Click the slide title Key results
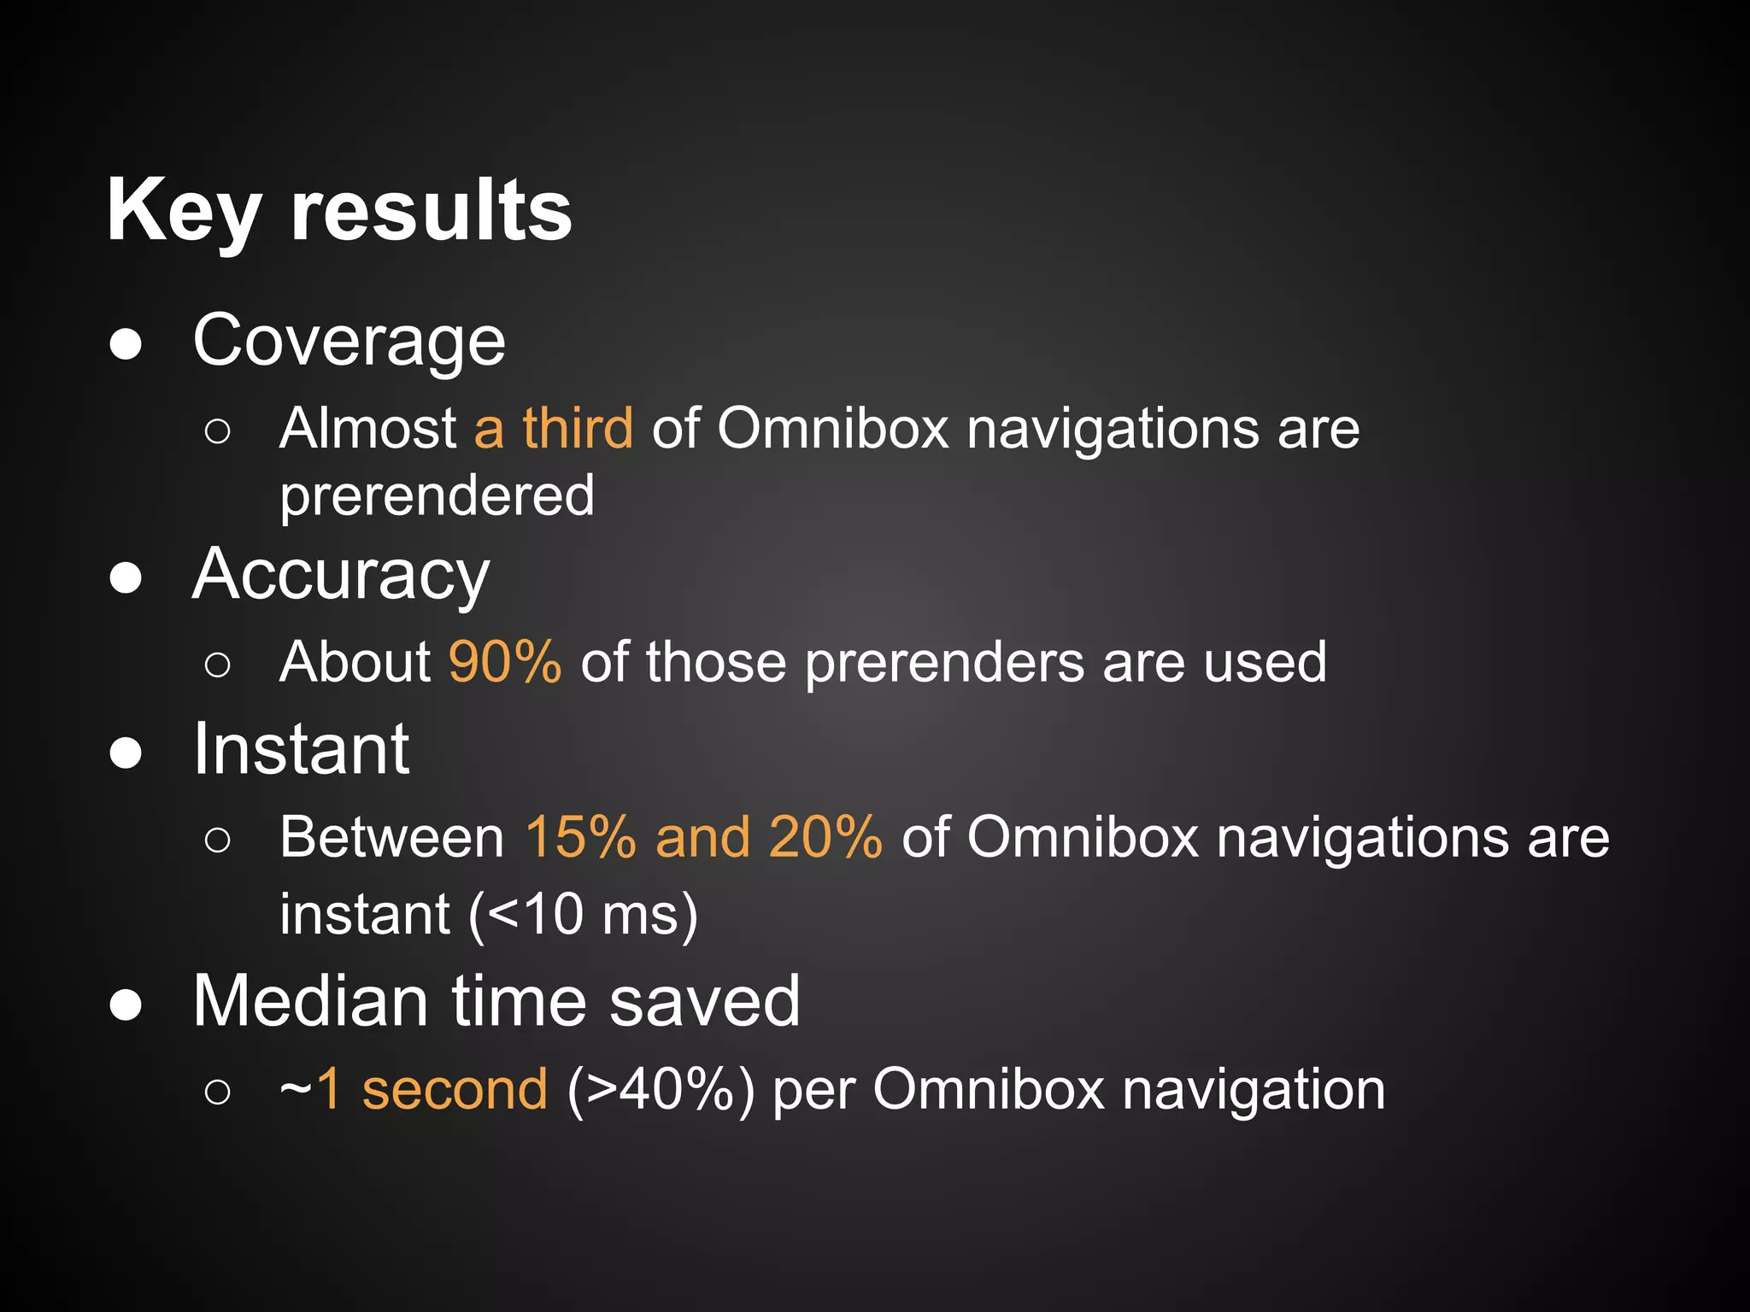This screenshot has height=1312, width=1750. (339, 211)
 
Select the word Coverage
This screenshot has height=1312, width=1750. (349, 341)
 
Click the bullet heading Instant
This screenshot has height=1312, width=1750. (301, 749)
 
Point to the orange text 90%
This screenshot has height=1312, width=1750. (505, 662)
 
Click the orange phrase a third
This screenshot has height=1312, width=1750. (553, 428)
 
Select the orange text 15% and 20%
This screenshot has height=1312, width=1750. (703, 837)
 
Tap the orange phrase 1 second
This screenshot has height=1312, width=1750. (432, 1090)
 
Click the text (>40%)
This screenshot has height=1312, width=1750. (661, 1091)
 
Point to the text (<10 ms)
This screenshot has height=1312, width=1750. (583, 915)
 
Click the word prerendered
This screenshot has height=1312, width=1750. (437, 496)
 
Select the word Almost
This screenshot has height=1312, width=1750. (367, 428)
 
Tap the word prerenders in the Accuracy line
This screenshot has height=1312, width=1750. (944, 664)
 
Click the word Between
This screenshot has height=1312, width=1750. (392, 837)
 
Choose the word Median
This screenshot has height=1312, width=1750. (310, 1001)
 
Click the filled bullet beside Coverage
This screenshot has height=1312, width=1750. (126, 346)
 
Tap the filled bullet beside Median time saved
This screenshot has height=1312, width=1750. (126, 1006)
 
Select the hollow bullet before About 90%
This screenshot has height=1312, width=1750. (218, 665)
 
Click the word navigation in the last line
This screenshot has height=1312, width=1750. (1254, 1091)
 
